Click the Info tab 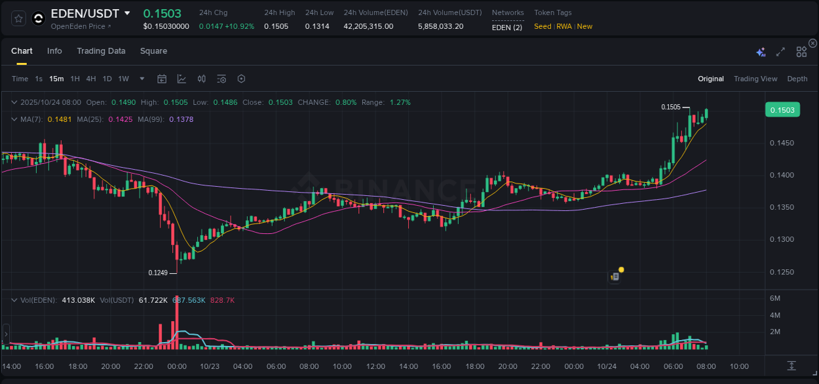(54, 51)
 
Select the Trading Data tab (101, 51)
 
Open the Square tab (153, 51)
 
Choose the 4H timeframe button (91, 79)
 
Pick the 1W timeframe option (123, 79)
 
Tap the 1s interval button (39, 79)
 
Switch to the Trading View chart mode (755, 79)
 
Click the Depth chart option (797, 79)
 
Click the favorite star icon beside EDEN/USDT (19, 19)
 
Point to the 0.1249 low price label (157, 273)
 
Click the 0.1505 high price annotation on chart (670, 107)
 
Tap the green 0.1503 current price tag (782, 110)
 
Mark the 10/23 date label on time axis (209, 366)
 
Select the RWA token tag (563, 26)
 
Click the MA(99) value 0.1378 (181, 119)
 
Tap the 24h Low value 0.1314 (317, 26)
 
